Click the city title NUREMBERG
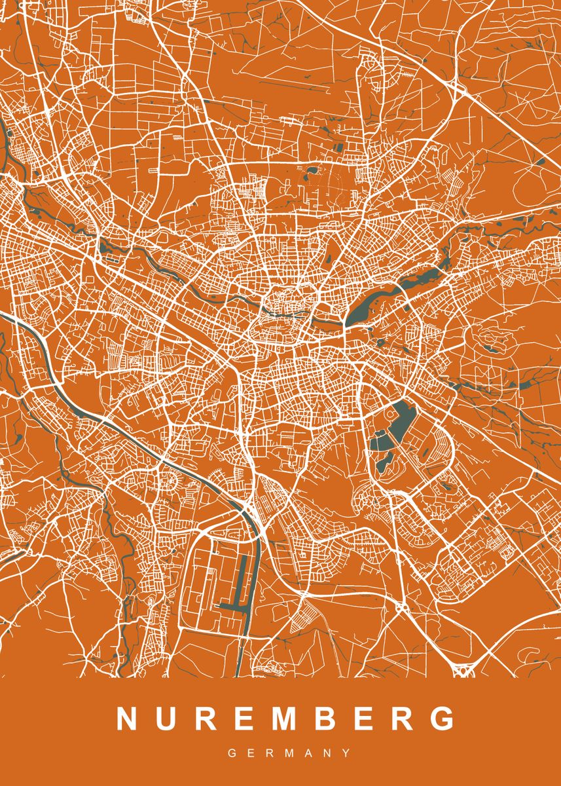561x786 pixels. click(x=285, y=719)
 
